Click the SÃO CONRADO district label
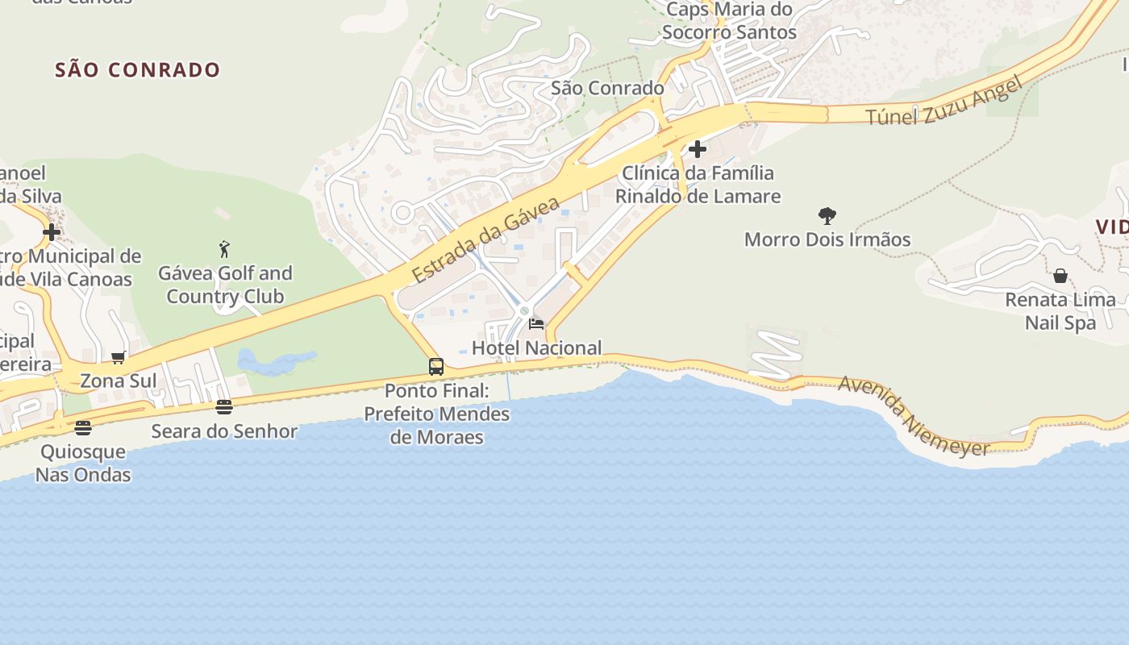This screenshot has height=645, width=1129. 137,70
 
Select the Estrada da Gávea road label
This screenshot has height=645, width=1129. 486,239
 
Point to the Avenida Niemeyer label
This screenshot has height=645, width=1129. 914,417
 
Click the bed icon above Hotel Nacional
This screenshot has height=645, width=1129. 535,324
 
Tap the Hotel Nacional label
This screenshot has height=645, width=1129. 536,348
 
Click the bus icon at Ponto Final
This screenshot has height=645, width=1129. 436,367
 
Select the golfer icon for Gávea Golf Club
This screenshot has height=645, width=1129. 225,249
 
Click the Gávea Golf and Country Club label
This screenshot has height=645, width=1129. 225,285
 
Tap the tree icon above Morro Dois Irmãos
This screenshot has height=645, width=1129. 827,216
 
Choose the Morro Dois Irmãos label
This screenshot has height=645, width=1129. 827,239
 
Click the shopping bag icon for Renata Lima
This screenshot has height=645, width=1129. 1060,276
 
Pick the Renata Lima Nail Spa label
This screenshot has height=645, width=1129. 1060,311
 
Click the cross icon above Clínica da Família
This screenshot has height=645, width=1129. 698,149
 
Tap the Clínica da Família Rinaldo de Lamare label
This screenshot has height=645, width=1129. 698,185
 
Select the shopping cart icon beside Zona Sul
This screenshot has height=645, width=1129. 118,358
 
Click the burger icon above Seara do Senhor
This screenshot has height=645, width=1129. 224,407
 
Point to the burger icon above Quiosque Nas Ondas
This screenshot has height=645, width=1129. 83,427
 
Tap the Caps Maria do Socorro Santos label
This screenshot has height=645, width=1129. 728,21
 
